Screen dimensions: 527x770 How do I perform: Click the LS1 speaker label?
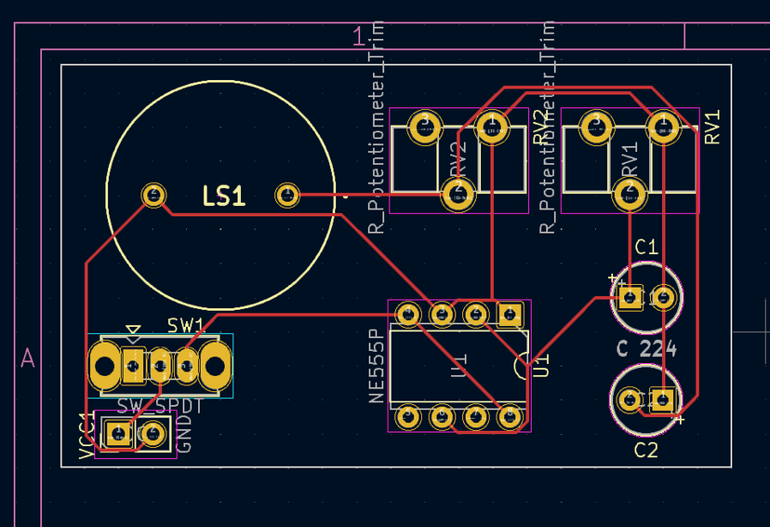(x=223, y=196)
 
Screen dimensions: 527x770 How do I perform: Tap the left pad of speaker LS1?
(x=153, y=196)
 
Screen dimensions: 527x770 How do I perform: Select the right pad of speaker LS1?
(x=287, y=196)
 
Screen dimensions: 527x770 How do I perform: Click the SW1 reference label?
(x=186, y=325)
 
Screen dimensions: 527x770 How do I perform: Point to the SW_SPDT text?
(x=160, y=406)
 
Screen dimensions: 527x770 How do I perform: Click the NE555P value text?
(x=376, y=365)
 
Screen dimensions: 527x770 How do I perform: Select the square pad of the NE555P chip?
(x=510, y=315)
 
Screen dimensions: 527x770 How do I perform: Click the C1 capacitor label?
(x=646, y=247)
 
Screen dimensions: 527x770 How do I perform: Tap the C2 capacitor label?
(x=646, y=451)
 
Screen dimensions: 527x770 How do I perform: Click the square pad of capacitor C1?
(x=630, y=298)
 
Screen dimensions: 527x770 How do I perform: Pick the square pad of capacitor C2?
(x=662, y=400)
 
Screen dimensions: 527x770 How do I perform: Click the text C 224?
(x=646, y=350)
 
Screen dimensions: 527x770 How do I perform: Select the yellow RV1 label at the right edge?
(x=713, y=128)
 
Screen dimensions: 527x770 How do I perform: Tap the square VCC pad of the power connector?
(x=118, y=433)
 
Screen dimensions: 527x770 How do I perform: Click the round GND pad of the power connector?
(x=153, y=433)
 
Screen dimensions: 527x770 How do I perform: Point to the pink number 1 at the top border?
(x=358, y=37)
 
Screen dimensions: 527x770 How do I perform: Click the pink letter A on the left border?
(x=28, y=358)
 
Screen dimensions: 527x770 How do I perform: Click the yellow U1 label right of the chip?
(x=541, y=364)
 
